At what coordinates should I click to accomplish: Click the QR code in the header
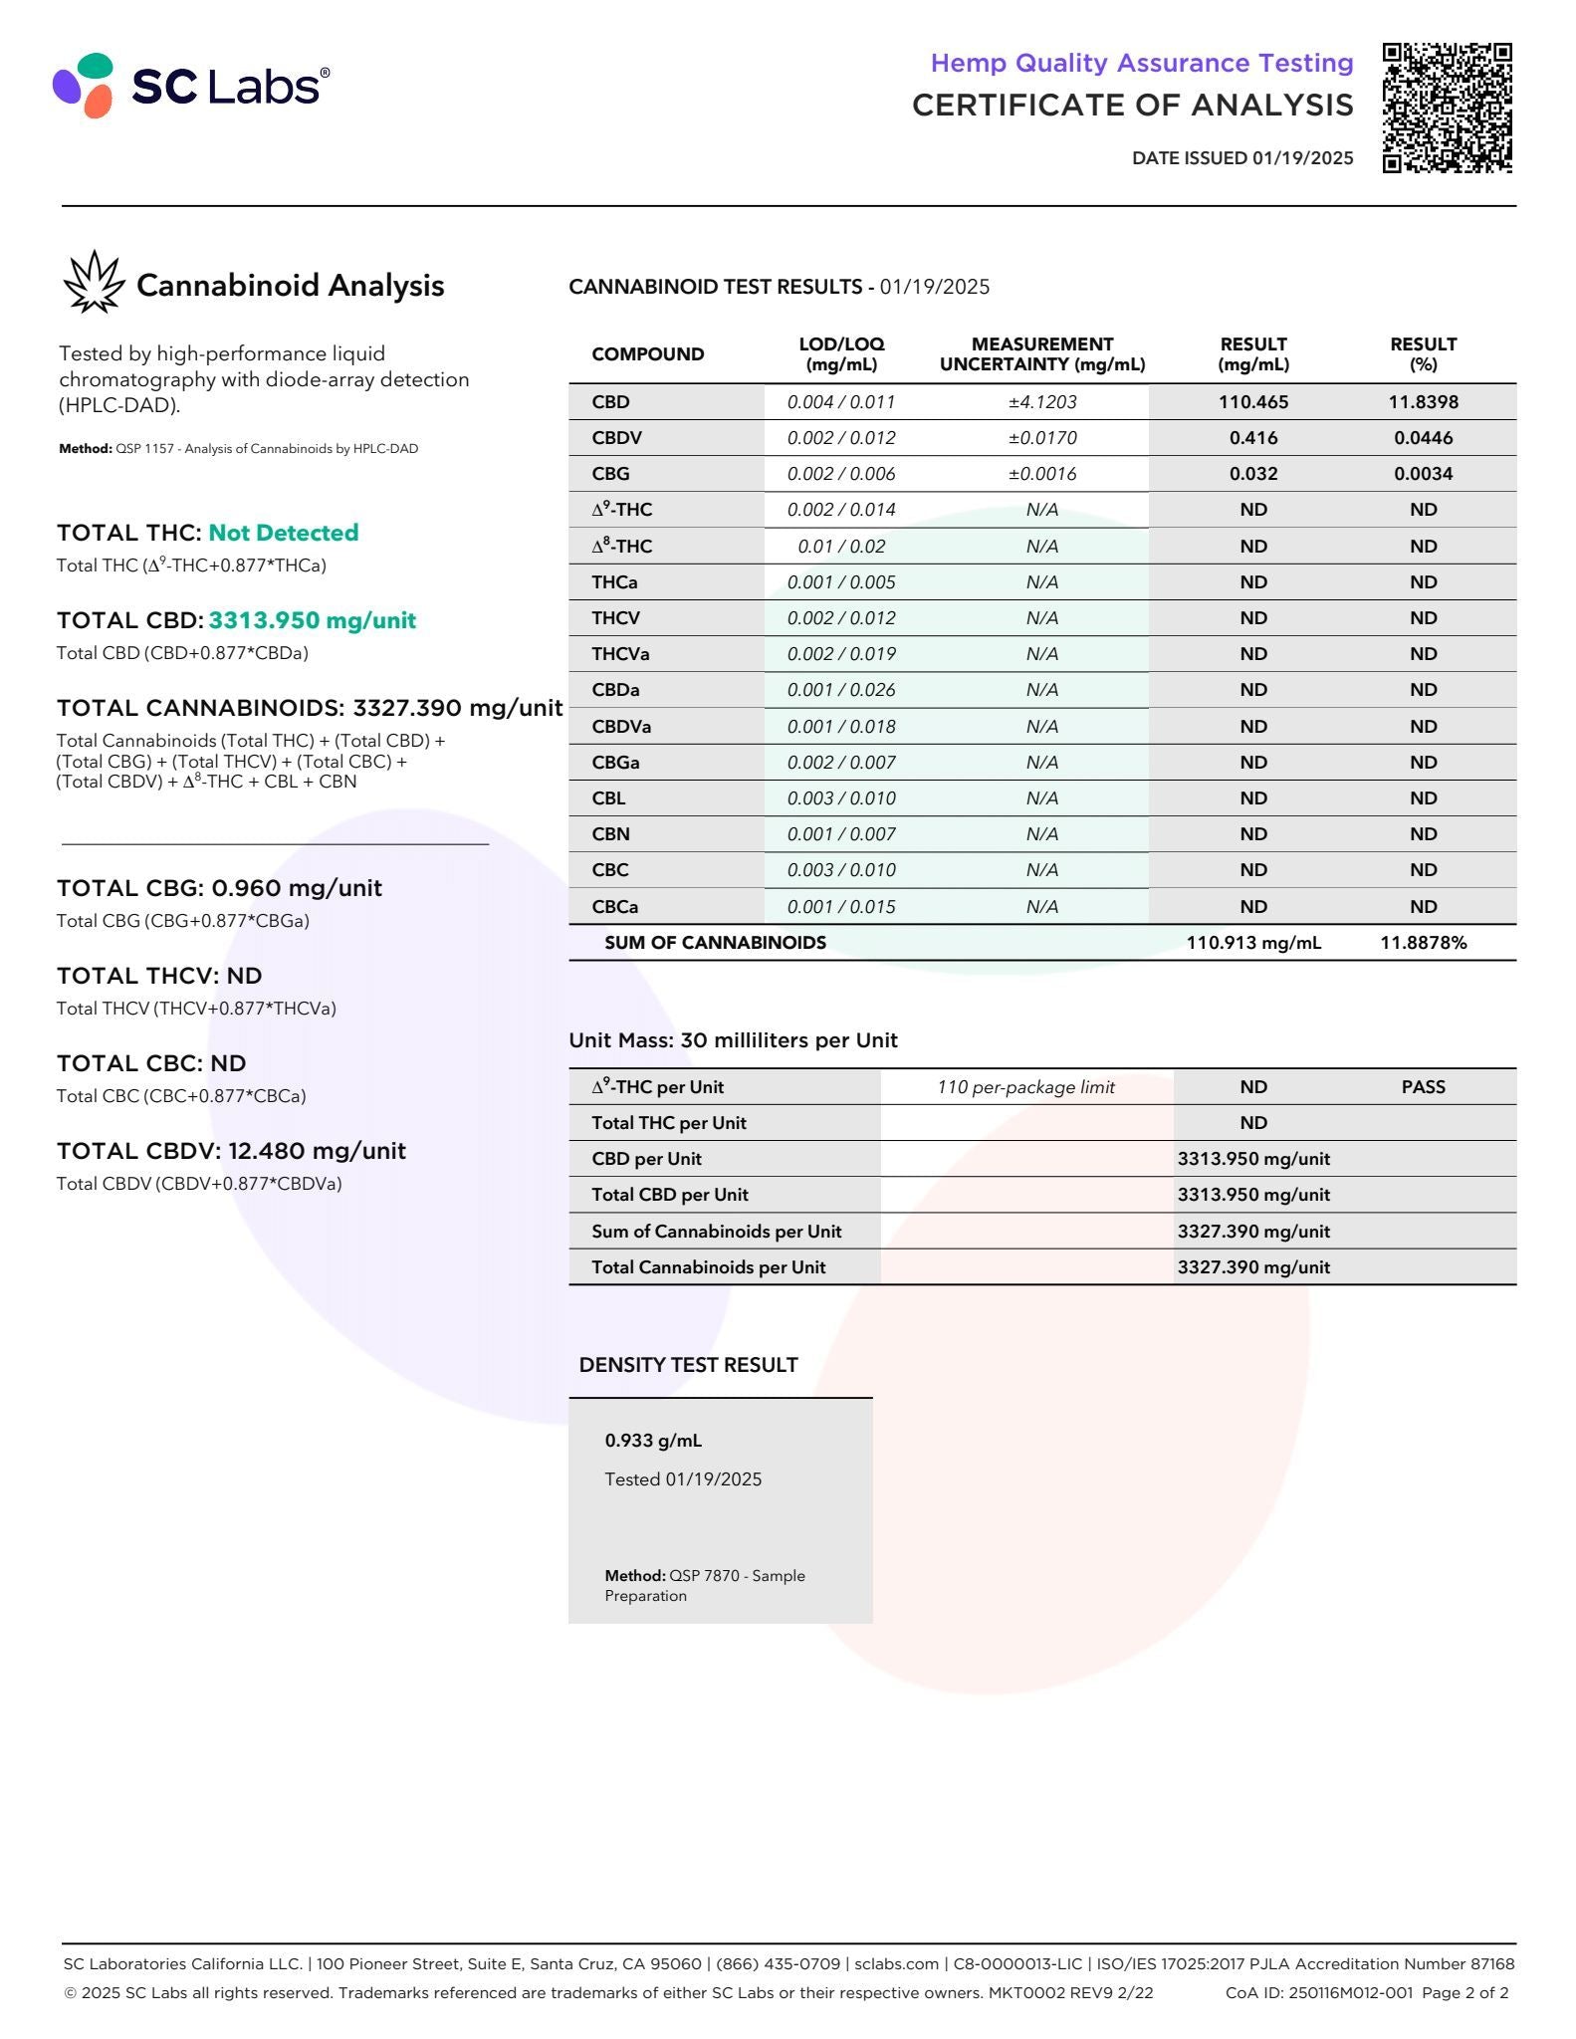pyautogui.click(x=1447, y=108)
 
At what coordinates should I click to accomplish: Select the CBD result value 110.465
pyautogui.click(x=1252, y=402)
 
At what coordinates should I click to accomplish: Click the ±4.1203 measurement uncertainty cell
pyautogui.click(x=1041, y=402)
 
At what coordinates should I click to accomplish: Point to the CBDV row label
pyautogui.click(x=616, y=438)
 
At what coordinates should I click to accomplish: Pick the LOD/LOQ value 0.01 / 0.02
pyautogui.click(x=841, y=547)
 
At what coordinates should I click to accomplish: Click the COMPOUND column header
pyautogui.click(x=647, y=354)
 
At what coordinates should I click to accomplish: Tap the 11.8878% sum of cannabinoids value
pyautogui.click(x=1423, y=943)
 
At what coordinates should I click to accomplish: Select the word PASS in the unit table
pyautogui.click(x=1423, y=1087)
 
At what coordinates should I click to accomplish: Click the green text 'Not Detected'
pyautogui.click(x=283, y=533)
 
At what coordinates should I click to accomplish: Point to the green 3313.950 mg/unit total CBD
pyautogui.click(x=312, y=620)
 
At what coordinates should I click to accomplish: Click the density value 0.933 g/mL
pyautogui.click(x=653, y=1441)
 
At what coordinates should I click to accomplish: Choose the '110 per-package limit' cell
pyautogui.click(x=1025, y=1087)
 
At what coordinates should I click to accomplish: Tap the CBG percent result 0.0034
pyautogui.click(x=1423, y=474)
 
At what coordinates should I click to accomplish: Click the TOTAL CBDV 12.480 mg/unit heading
pyautogui.click(x=231, y=1151)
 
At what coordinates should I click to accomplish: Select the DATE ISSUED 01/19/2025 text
pyautogui.click(x=1241, y=157)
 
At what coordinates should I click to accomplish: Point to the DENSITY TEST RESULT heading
pyautogui.click(x=688, y=1365)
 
